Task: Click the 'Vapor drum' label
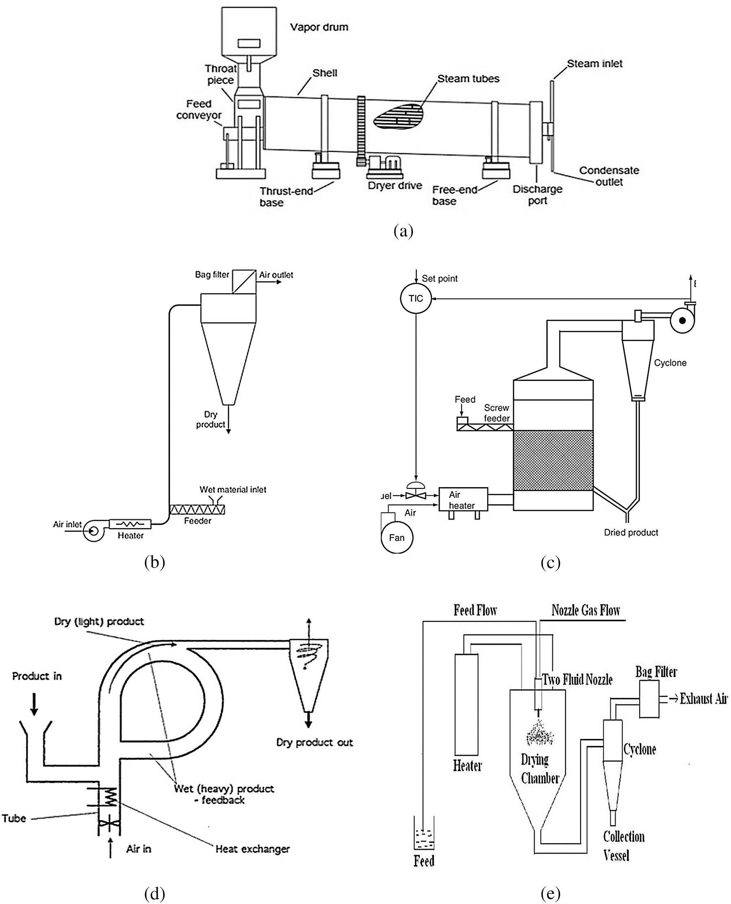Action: (319, 27)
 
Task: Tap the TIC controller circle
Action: (416, 298)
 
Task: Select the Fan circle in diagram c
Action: (397, 538)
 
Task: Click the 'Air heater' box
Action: (463, 500)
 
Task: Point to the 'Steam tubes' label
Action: (468, 79)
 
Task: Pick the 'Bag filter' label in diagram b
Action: (212, 275)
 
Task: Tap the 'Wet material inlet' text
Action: (233, 490)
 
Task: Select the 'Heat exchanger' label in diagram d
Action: (252, 849)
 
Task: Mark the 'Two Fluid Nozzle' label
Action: (577, 679)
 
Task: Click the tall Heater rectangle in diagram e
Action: (466, 704)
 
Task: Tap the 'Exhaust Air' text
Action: (703, 699)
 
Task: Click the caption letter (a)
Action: (403, 231)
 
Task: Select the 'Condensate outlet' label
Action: (609, 176)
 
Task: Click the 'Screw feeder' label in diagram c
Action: (496, 413)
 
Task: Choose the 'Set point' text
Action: (439, 278)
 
